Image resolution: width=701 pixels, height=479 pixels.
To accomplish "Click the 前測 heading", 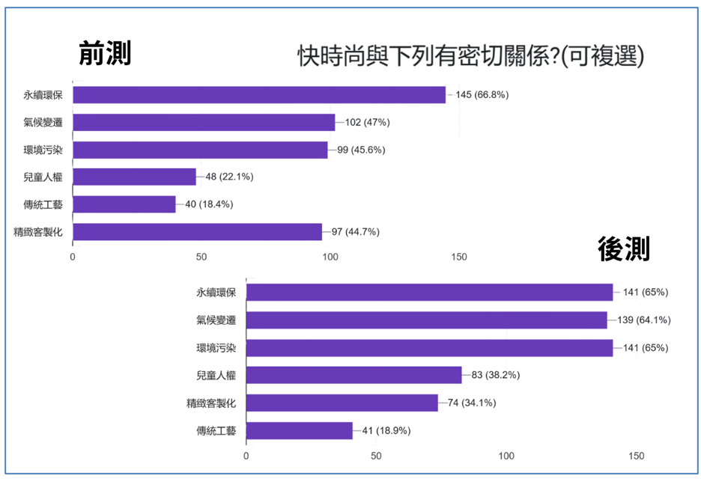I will click(x=106, y=54).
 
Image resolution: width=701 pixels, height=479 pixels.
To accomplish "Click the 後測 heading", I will click(x=624, y=249).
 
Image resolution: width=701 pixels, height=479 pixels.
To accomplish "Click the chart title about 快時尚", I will click(x=471, y=56).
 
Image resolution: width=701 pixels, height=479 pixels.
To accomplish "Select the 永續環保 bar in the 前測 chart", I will click(x=259, y=95).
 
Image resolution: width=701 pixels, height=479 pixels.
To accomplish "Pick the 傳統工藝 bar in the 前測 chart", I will click(x=124, y=204).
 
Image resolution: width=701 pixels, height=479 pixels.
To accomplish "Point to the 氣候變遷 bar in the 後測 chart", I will click(x=426, y=320).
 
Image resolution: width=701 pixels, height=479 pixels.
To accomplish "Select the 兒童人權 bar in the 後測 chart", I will click(x=353, y=375).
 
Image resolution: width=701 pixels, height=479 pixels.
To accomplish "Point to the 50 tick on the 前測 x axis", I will click(x=201, y=257).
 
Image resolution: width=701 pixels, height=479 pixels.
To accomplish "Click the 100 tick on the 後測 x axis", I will click(x=507, y=456).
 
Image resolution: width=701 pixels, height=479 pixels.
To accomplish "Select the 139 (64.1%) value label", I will click(x=643, y=320).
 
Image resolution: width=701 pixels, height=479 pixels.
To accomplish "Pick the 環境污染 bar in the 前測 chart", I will click(x=200, y=150).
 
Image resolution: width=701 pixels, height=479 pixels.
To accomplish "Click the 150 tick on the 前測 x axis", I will click(x=459, y=257).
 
